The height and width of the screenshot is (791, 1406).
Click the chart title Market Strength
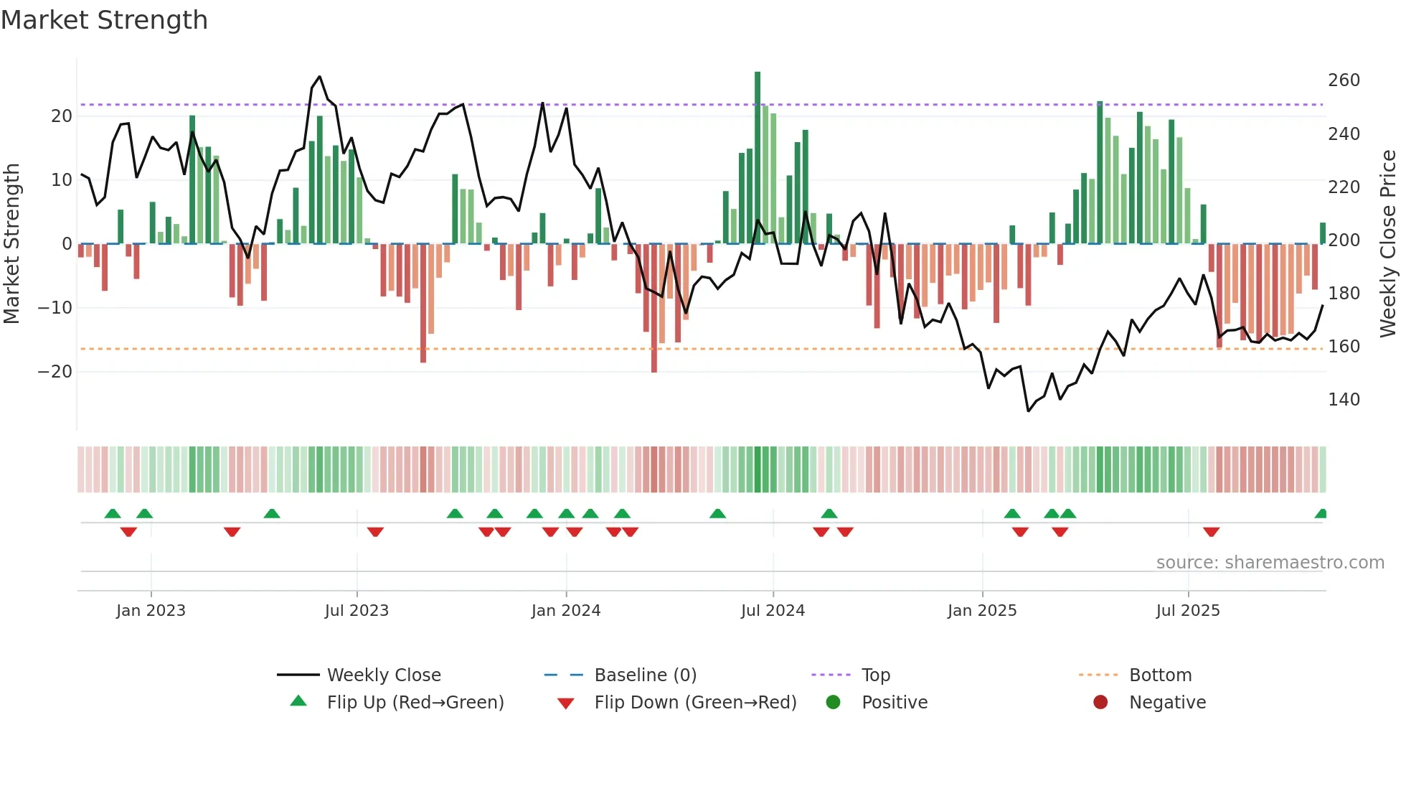point(104,20)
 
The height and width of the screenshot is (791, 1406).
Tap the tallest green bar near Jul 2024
point(758,158)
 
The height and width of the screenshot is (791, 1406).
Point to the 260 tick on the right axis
point(1344,80)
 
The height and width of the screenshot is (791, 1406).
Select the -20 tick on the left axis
point(55,372)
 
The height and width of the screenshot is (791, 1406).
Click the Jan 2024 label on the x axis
point(566,611)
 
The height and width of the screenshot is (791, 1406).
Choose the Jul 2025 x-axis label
point(1188,611)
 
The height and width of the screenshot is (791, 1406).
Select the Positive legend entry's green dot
point(833,702)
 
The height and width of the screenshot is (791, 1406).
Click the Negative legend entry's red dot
point(1100,702)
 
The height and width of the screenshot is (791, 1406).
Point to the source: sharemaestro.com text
point(1270,563)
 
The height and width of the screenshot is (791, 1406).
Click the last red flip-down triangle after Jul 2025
point(1212,532)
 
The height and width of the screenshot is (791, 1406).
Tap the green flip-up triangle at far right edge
point(1321,514)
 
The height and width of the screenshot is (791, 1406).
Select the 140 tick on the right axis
point(1344,400)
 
